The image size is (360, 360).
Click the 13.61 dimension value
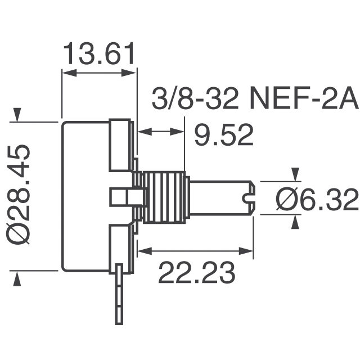pos(99,55)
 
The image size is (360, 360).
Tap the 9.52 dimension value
pos(223,135)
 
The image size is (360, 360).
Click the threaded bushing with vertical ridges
pos(164,196)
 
